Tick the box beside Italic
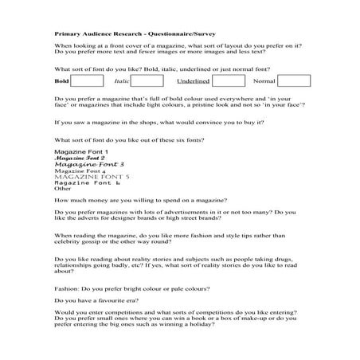point(147,80)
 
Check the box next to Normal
point(294,80)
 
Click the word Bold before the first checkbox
point(61,81)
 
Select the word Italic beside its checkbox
point(121,81)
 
